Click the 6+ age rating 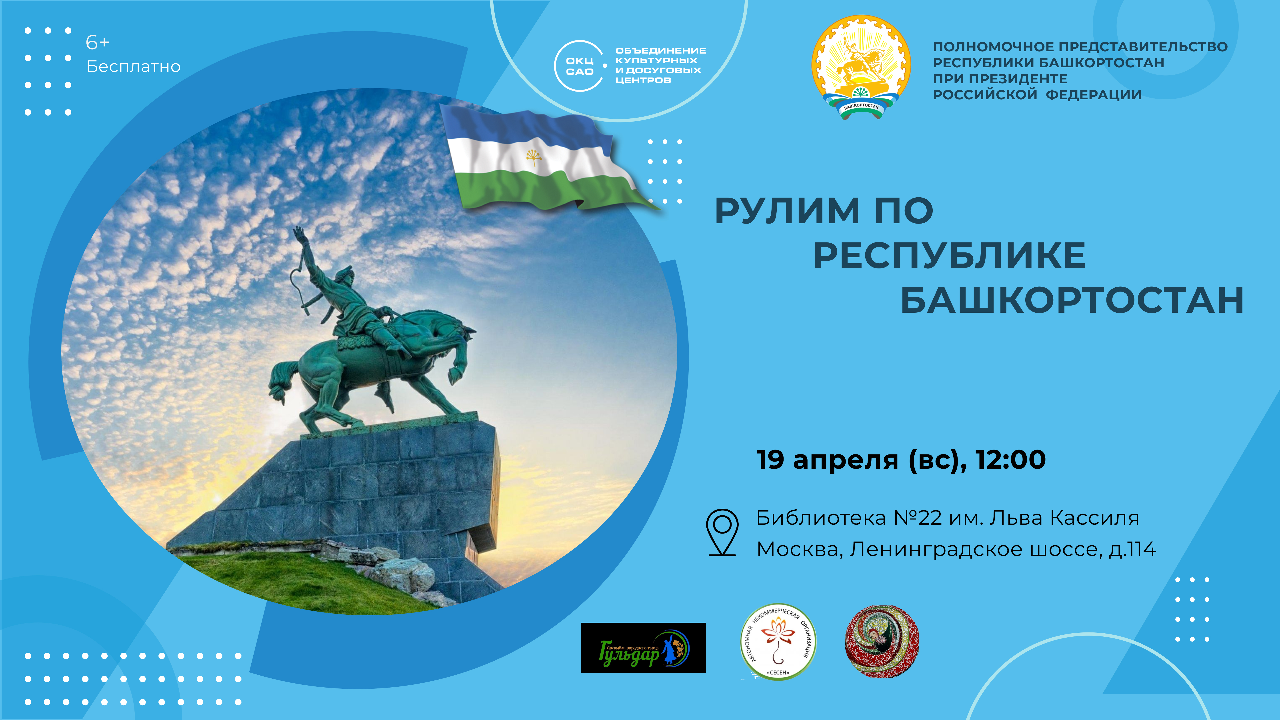click(97, 43)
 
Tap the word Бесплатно click(133, 67)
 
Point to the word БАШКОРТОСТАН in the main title click(1072, 301)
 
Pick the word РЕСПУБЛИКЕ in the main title click(949, 256)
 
